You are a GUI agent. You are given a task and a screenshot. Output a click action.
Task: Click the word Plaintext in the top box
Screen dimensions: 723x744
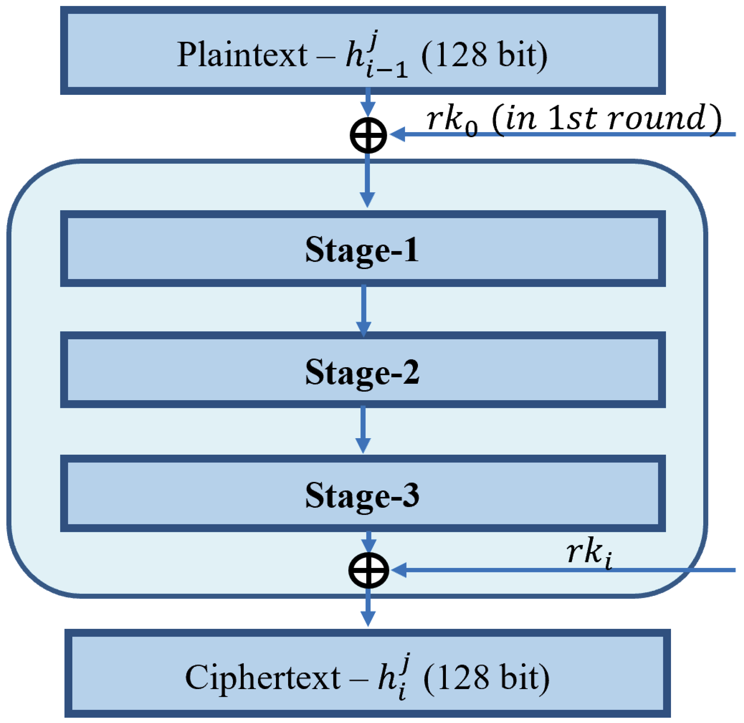(242, 55)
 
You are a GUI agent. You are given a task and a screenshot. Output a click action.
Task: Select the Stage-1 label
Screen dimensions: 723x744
(362, 250)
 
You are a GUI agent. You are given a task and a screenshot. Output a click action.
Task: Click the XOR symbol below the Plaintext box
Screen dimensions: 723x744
(368, 135)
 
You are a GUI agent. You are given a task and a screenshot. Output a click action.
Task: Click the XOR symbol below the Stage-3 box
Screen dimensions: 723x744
(368, 570)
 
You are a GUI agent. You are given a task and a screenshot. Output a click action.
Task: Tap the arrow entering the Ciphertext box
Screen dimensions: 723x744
(367, 608)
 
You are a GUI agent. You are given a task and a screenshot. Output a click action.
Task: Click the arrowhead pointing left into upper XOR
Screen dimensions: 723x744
(397, 135)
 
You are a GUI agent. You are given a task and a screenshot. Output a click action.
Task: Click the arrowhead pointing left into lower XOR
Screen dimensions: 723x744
(398, 570)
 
